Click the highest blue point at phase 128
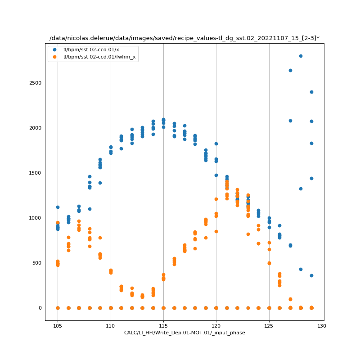(301, 56)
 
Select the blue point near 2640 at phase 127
(290, 70)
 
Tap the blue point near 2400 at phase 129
(311, 92)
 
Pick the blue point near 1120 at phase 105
(58, 207)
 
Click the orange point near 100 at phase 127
(290, 299)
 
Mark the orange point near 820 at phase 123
(248, 234)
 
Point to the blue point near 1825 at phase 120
(216, 144)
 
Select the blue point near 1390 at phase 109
(100, 183)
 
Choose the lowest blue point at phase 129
(311, 275)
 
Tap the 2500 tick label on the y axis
(35, 83)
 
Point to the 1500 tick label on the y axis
(35, 173)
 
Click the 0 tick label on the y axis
(40, 308)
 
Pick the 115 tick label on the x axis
(163, 325)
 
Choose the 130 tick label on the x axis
(322, 325)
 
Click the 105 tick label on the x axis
(58, 325)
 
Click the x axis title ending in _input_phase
(184, 333)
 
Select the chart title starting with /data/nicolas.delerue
(184, 38)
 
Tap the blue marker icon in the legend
(55, 49)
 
